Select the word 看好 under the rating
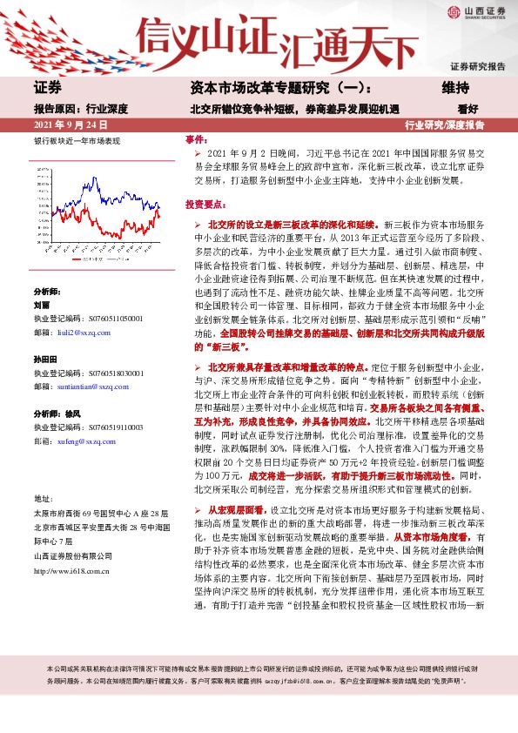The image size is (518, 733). (x=468, y=109)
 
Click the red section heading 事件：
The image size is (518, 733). (x=197, y=140)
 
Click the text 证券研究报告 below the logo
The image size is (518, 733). (x=477, y=66)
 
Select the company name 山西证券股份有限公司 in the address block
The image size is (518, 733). (x=71, y=555)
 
